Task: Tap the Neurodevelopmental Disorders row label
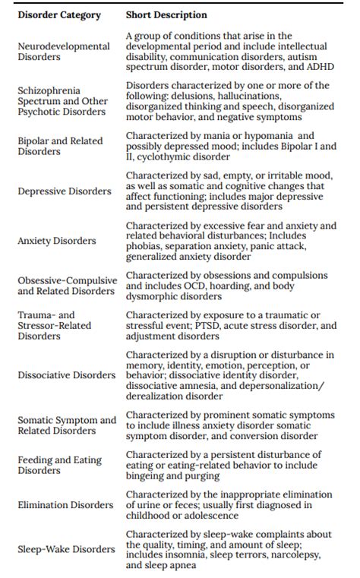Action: tap(64, 52)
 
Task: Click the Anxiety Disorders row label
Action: tap(57, 241)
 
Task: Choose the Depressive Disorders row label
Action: tap(65, 191)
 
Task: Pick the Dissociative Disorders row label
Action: tap(67, 375)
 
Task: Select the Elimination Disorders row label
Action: tap(65, 505)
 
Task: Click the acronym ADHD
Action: tap(321, 67)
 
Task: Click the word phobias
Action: tap(144, 246)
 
